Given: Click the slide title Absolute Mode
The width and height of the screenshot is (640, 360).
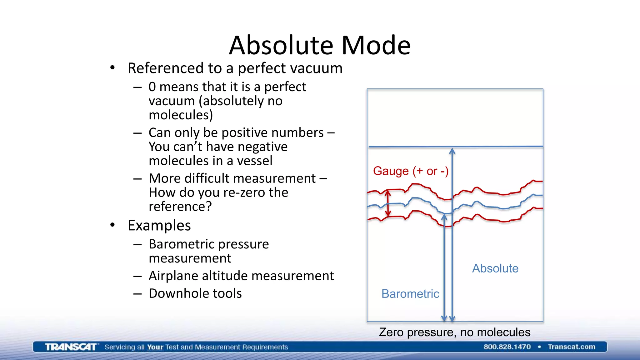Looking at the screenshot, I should pos(320,45).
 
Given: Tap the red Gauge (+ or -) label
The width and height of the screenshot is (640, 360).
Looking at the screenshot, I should pos(411,171).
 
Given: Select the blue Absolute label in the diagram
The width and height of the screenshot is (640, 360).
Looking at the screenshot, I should pos(495,268).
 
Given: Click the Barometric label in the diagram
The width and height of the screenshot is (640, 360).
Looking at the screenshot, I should pos(410,294).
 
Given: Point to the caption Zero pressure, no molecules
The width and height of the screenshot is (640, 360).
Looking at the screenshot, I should pos(454,332).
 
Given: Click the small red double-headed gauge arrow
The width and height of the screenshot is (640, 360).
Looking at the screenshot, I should pos(388,203).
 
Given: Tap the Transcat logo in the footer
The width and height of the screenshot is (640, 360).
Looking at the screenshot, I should pos(71,347).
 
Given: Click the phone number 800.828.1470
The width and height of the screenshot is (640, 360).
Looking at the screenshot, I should pos(507,347).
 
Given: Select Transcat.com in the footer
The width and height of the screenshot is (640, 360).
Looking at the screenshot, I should pos(571,347).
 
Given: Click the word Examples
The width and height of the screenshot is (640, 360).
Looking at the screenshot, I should pos(159,226).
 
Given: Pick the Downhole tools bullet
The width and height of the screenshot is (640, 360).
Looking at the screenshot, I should pos(195,293).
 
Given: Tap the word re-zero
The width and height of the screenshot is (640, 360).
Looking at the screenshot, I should pos(244,192).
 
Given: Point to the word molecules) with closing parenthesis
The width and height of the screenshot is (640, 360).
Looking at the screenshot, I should pos(181,115).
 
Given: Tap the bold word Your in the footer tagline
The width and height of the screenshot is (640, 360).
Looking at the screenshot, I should pos(155,347).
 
